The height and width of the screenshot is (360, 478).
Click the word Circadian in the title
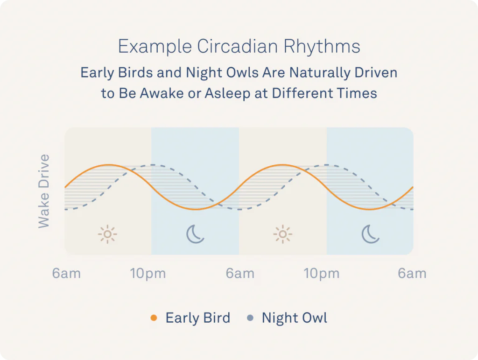(237, 46)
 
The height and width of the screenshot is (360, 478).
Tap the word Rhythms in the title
(322, 46)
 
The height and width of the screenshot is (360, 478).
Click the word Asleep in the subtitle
(227, 93)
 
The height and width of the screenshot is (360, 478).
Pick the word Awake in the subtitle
(162, 93)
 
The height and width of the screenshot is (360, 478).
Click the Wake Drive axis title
(43, 191)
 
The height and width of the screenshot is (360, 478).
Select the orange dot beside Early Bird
(154, 318)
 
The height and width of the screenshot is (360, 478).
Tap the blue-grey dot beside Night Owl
(250, 318)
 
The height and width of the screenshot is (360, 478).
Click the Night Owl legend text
(295, 318)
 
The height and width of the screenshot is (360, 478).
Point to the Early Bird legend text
(198, 318)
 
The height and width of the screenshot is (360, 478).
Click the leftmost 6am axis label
(66, 274)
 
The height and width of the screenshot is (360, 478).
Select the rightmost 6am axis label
(412, 274)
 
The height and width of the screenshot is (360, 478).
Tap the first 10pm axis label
(148, 274)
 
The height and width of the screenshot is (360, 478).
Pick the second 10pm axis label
(322, 274)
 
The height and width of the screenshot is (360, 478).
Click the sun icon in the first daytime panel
(108, 234)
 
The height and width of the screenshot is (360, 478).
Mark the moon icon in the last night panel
(370, 234)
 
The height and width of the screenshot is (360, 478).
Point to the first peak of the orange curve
(109, 165)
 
